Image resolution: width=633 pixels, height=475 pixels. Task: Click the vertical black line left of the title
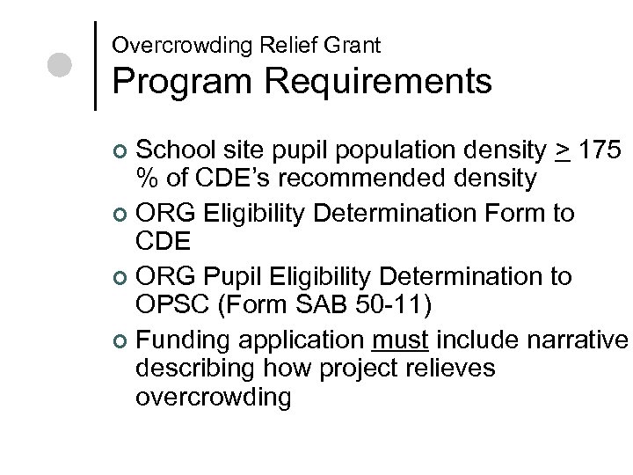(95, 64)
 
